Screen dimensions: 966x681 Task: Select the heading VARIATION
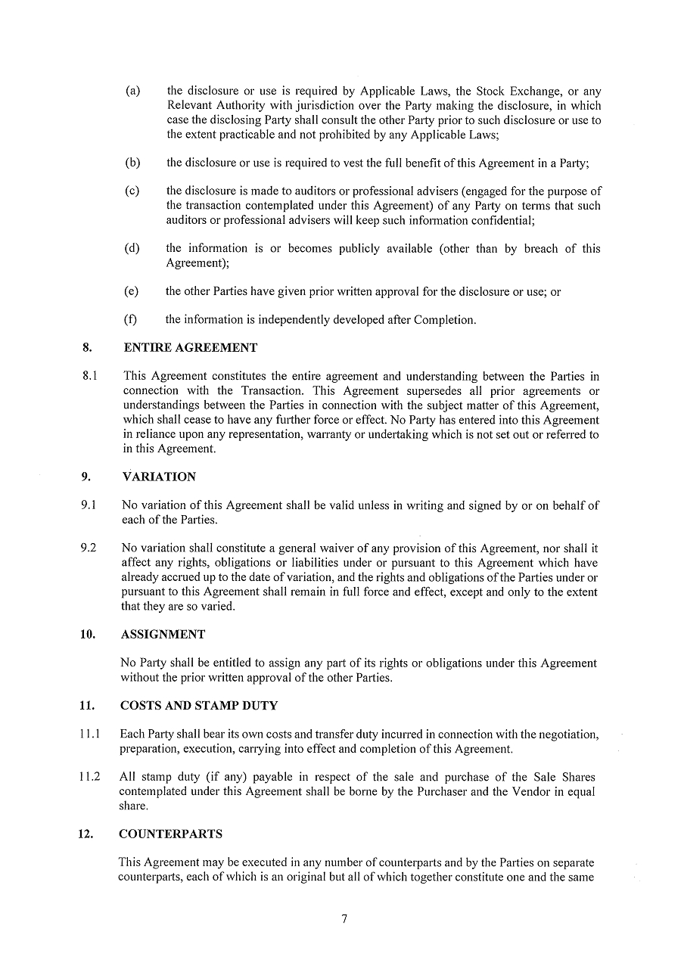tap(159, 477)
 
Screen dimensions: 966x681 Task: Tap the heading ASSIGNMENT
tap(163, 634)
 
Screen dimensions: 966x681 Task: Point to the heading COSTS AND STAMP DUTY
tap(199, 705)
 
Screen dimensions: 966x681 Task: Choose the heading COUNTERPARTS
tap(171, 834)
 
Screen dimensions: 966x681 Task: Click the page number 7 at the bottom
tap(344, 919)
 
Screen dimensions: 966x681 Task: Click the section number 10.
tap(88, 634)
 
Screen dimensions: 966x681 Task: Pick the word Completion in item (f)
tap(441, 319)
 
